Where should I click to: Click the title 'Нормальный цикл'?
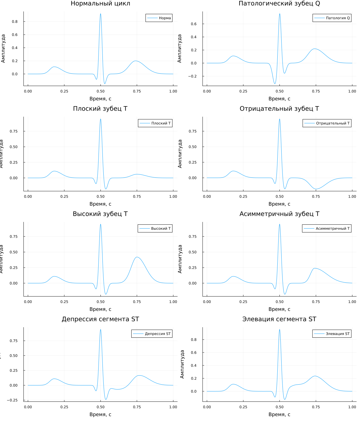coord(100,4)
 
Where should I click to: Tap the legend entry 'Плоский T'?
coord(161,123)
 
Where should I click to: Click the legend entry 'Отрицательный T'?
coord(333,123)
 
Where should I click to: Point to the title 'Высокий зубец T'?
coord(100,214)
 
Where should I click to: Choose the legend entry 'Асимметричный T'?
coord(332,229)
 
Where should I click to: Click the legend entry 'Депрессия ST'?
coord(157,334)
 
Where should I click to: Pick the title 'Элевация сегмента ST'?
coord(279,319)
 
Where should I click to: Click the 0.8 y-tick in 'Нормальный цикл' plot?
coord(15,22)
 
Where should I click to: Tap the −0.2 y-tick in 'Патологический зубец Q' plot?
coord(192,76)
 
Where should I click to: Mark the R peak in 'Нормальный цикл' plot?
coord(101,14)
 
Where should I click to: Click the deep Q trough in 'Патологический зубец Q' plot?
coord(275,84)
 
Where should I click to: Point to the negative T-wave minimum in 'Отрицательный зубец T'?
coord(316,189)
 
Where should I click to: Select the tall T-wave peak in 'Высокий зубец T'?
coord(137,257)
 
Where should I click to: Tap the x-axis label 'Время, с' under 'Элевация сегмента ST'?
coord(279,414)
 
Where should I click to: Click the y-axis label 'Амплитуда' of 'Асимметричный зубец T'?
coord(180,259)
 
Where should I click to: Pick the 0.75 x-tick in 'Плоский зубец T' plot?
coord(137,196)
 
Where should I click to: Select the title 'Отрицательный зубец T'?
coord(279,109)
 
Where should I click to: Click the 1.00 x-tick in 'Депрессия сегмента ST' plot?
coord(173,407)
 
